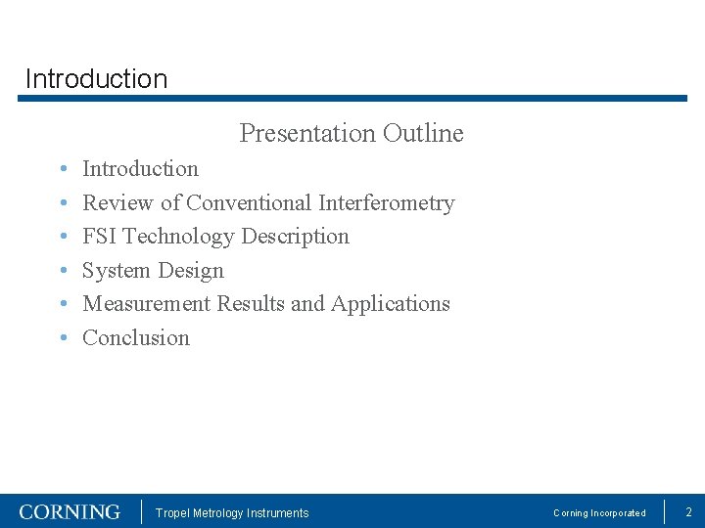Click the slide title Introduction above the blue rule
96,78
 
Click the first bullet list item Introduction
140,169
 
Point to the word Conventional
250,203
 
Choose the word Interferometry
387,203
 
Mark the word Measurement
147,304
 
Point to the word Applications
391,304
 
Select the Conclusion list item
136,338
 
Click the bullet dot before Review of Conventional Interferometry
62,204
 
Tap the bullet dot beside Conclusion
62,339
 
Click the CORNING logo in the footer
70,512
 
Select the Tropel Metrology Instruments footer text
232,513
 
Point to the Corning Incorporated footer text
599,513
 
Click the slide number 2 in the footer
688,512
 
